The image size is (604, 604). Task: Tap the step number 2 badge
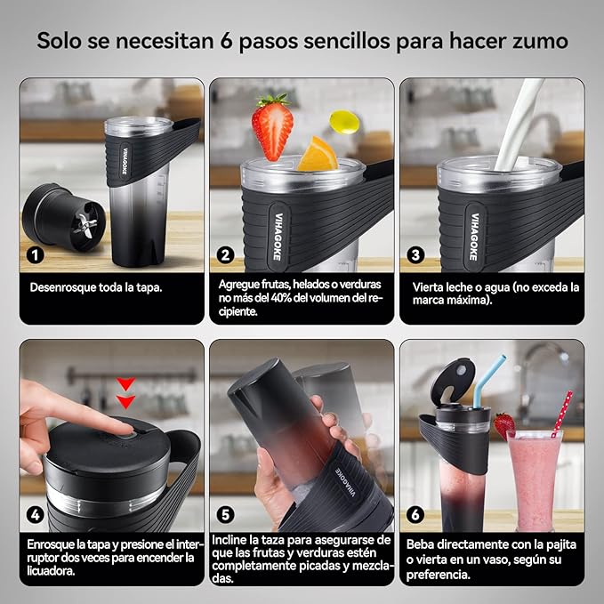click(226, 254)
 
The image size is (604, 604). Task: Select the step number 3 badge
click(415, 254)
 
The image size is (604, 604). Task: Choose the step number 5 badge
click(226, 514)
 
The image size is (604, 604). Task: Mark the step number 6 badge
click(415, 514)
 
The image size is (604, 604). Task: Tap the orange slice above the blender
click(318, 155)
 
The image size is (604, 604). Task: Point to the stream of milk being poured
click(520, 125)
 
